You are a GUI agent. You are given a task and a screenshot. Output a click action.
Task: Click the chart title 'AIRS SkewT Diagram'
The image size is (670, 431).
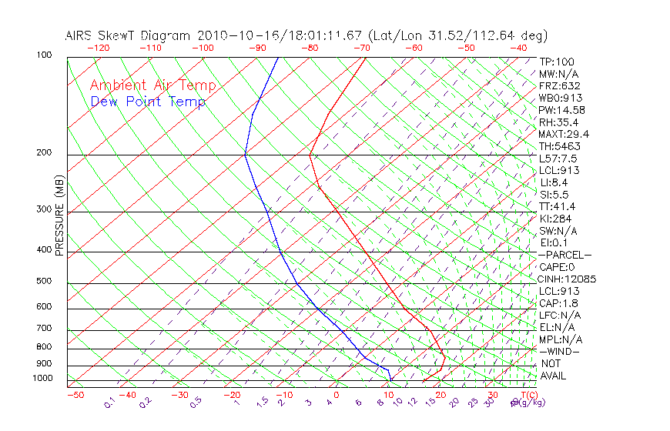pos(129,36)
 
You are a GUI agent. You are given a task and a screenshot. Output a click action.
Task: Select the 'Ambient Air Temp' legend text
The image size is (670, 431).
pos(153,85)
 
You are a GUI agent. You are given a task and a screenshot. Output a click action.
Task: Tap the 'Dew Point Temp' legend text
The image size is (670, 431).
pos(148,102)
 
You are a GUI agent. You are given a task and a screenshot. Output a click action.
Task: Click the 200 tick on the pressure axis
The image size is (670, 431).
pos(44,153)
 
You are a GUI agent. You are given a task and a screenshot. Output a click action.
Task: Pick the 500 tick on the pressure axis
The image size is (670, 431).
pos(44,282)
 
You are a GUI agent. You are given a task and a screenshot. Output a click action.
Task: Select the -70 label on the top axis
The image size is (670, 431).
pos(360,48)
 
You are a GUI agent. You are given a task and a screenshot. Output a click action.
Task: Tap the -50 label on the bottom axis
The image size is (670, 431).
pos(75,396)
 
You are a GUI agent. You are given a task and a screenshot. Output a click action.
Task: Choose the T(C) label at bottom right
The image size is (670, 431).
pos(528,396)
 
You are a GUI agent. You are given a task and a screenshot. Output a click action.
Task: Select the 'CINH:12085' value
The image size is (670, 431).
pos(567,279)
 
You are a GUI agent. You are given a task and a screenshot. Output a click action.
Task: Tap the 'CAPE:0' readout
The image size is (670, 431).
pos(557,267)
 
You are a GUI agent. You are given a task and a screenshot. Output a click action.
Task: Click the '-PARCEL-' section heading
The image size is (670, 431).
pos(564,255)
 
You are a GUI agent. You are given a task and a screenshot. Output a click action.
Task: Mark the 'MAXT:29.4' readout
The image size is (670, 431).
pos(562,134)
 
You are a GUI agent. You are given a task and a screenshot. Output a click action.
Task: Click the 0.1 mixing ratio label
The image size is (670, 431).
pos(110,403)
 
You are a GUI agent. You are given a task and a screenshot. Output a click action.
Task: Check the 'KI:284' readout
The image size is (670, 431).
pos(556,219)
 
